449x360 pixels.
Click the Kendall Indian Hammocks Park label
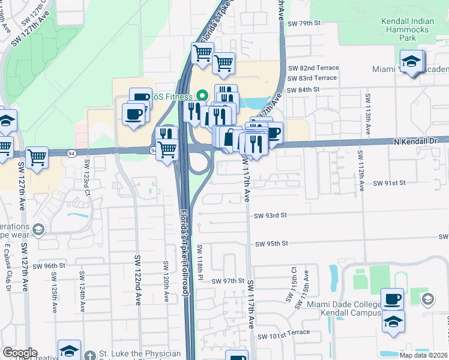tap(408, 29)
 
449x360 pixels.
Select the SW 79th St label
tap(305, 23)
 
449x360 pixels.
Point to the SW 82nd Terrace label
tap(313, 68)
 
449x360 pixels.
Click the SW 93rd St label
tap(271, 215)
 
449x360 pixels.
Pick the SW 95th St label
tap(272, 244)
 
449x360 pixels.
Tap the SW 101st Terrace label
tap(284, 332)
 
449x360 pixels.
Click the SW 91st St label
tap(390, 182)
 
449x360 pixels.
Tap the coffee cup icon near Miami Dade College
tap(393, 299)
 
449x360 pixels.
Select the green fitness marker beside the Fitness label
tap(202, 96)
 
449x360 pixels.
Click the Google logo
tap(20, 353)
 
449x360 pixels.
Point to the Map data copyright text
tap(424, 355)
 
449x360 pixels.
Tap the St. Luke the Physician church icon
tap(89, 355)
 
